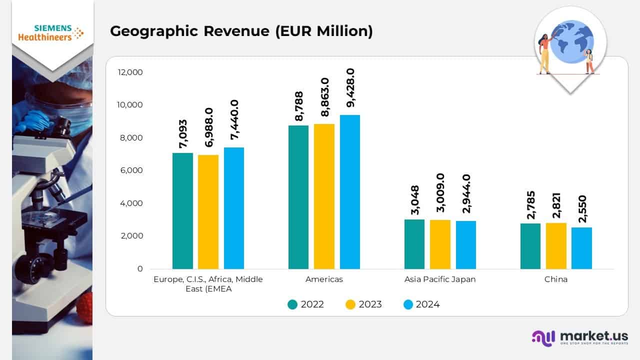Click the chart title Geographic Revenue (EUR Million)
click(241, 31)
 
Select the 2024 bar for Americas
click(350, 192)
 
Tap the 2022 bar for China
click(530, 246)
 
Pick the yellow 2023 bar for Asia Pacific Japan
click(440, 244)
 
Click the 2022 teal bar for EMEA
click(182, 211)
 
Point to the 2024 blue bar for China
click(581, 248)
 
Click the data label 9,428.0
click(350, 88)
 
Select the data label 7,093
click(182, 133)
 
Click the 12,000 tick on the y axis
click(130, 72)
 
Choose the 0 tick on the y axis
click(139, 269)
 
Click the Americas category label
click(324, 279)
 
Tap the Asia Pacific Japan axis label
click(440, 279)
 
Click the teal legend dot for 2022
click(292, 304)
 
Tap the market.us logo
click(580, 337)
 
